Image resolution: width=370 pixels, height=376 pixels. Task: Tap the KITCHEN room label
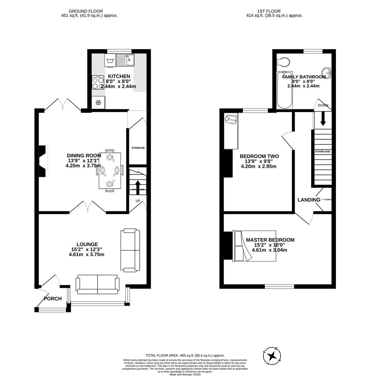119,76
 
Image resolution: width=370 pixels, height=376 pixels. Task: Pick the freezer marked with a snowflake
99,103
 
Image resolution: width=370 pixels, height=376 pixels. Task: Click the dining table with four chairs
110,171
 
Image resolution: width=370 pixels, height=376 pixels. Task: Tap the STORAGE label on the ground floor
138,148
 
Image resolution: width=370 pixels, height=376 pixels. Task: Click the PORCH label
53,299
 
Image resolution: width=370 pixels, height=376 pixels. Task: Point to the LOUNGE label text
87,244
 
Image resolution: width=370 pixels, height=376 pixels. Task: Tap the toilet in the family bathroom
283,62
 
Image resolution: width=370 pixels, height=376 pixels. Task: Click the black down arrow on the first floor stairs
323,118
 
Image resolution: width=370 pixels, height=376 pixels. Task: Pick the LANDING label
309,200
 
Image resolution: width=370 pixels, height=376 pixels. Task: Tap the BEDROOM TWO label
259,156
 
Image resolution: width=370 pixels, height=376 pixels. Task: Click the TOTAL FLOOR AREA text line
185,355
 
